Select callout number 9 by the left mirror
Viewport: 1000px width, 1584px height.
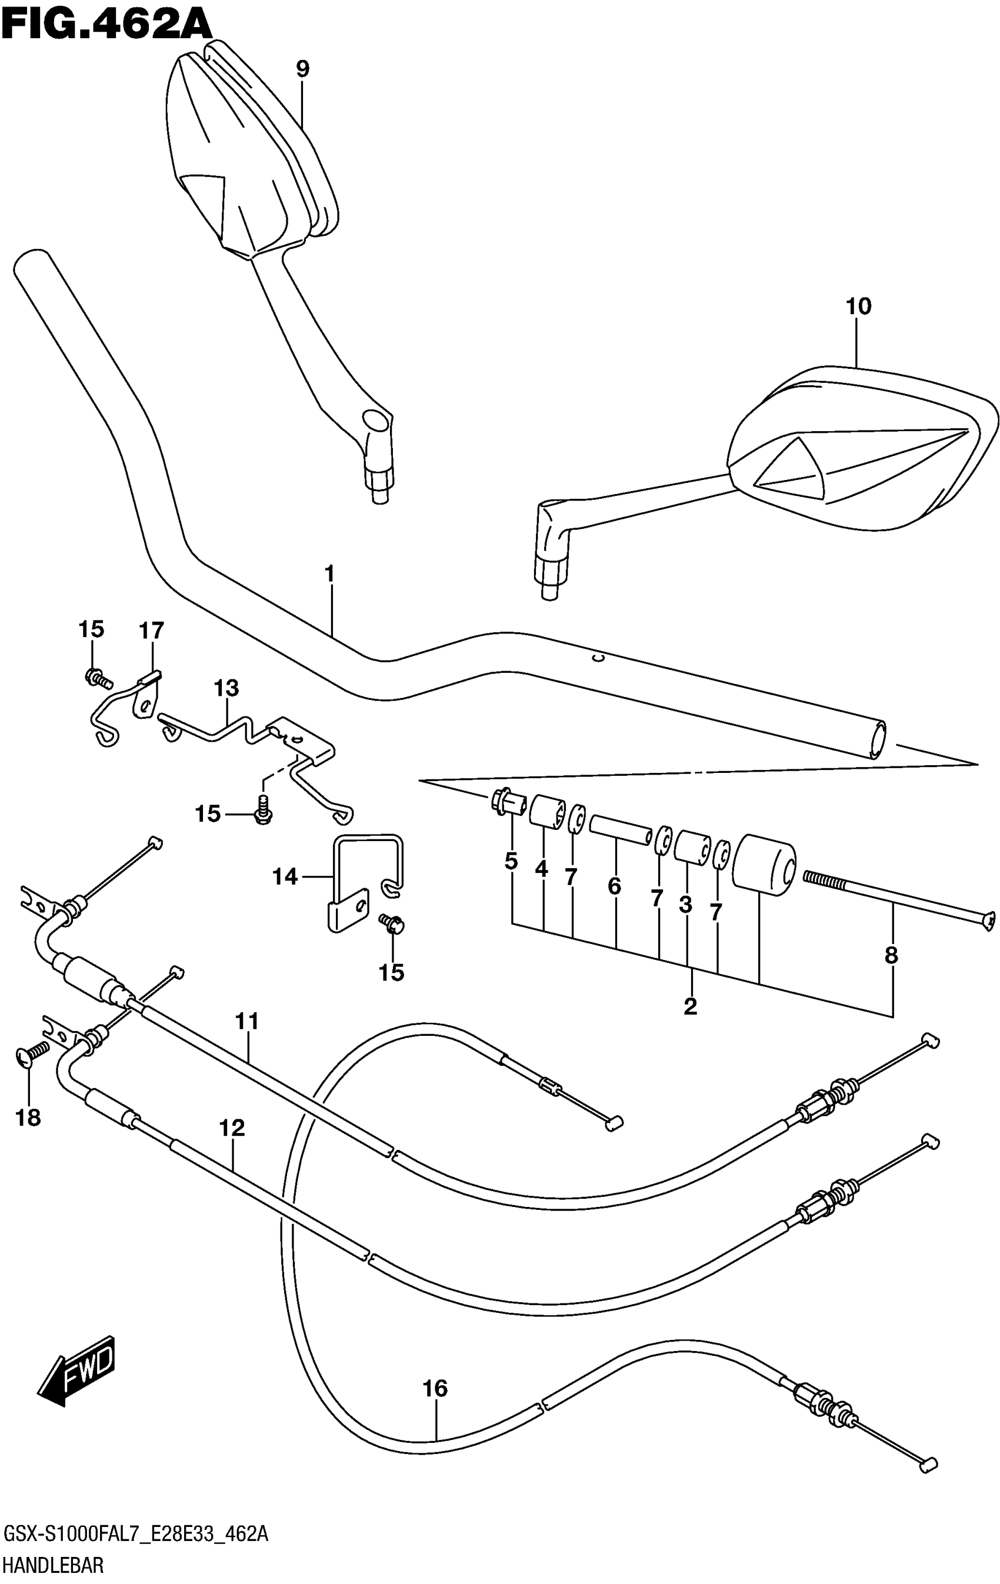pos(302,68)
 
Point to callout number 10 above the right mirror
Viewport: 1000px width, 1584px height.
pos(858,306)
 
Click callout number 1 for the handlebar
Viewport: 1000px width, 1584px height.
pos(329,574)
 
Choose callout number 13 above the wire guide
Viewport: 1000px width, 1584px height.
pos(226,689)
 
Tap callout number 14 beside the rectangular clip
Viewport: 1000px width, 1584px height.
pos(285,877)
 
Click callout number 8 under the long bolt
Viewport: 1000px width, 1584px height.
pos(891,955)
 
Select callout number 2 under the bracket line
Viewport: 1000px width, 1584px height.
pos(689,1006)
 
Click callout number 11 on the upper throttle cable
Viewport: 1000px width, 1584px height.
pos(248,1022)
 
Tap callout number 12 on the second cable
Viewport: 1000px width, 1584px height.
pos(232,1128)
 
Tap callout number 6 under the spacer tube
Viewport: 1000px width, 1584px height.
pos(614,887)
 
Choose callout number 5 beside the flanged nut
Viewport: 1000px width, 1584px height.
pos(511,861)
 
